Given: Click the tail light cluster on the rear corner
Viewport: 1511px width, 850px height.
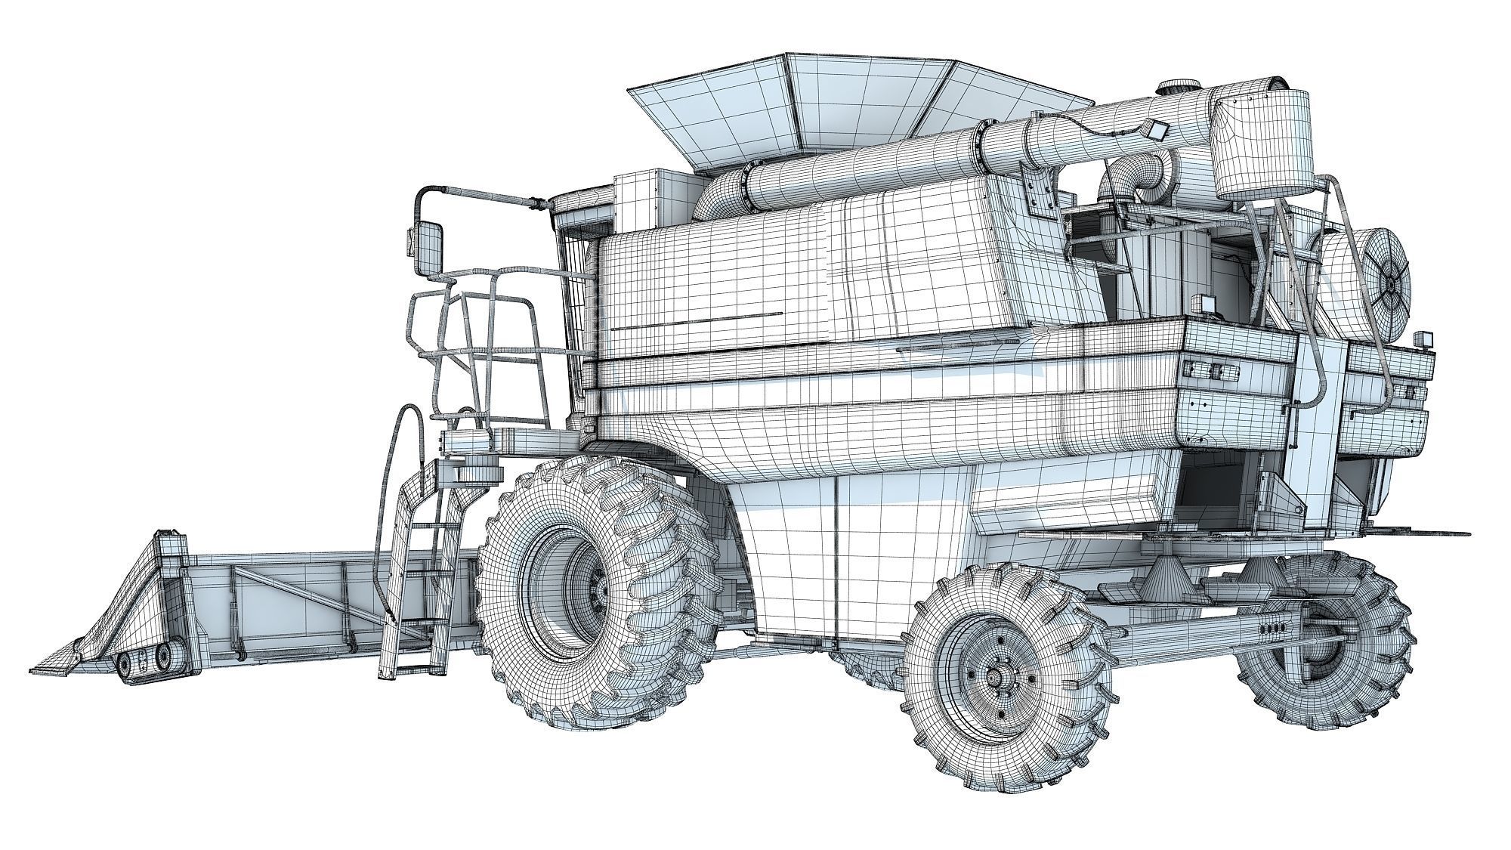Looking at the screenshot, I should [1209, 370].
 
